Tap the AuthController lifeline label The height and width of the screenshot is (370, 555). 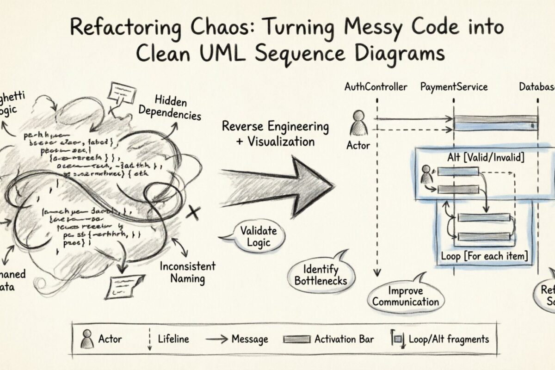(376, 87)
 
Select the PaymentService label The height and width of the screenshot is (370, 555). (454, 87)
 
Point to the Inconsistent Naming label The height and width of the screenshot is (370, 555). (187, 272)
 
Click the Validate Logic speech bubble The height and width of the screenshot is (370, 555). (259, 236)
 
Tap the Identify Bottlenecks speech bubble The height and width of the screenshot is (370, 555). (321, 274)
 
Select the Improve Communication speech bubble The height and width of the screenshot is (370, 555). (406, 296)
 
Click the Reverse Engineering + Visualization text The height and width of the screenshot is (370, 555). (275, 134)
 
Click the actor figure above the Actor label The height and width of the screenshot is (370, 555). (358, 123)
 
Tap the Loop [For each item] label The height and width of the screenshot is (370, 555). (484, 256)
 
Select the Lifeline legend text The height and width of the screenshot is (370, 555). (173, 339)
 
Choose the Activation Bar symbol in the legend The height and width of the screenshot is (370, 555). (296, 339)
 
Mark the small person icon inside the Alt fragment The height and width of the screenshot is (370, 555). (426, 174)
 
